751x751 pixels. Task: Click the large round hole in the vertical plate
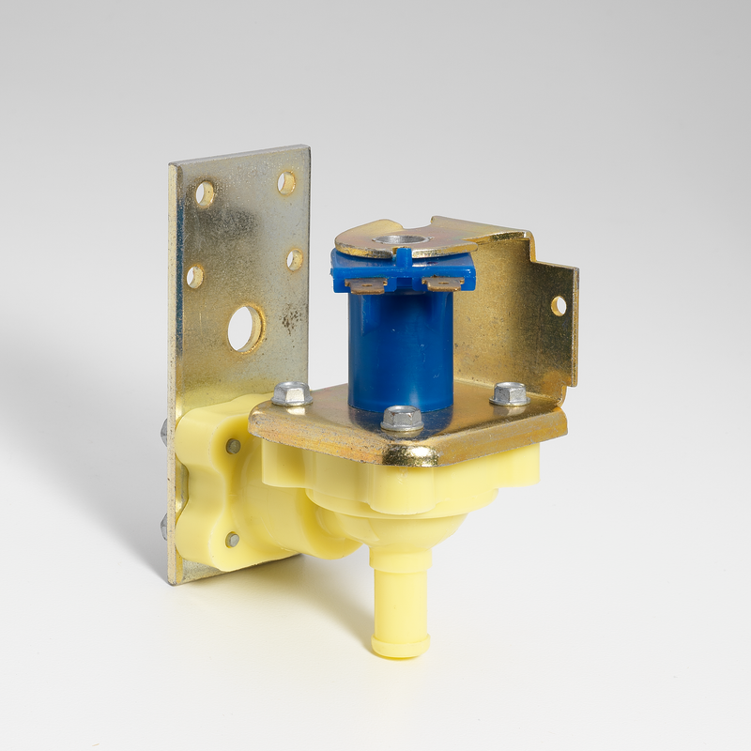[245, 328]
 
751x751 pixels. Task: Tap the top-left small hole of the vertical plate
[204, 193]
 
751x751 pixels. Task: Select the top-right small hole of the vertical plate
[285, 182]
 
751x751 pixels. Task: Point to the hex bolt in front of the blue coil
[402, 418]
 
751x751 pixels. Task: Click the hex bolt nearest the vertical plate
[291, 392]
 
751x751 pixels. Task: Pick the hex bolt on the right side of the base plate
[509, 393]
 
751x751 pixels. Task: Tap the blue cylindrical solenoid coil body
[401, 347]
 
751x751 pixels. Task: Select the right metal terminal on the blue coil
[441, 283]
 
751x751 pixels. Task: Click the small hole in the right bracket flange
[559, 305]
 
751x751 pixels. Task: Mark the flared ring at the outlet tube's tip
[400, 645]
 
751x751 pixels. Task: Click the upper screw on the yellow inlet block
[233, 446]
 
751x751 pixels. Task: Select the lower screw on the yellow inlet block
[232, 539]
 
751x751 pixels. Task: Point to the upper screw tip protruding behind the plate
[164, 433]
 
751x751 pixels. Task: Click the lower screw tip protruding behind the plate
[164, 527]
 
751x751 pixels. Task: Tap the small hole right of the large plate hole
[294, 259]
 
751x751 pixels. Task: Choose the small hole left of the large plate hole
[194, 276]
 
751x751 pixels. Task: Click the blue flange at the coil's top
[404, 268]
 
